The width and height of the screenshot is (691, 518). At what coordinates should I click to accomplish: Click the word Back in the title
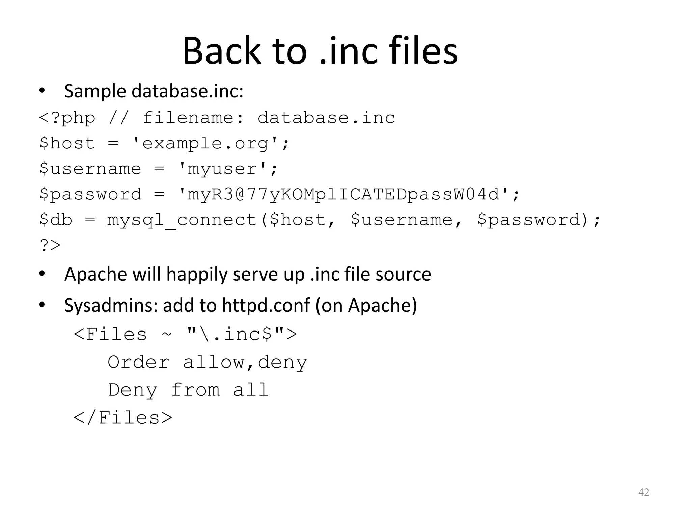222,51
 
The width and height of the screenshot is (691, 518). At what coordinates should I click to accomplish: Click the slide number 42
644,492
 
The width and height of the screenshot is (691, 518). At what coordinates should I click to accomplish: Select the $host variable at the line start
67,143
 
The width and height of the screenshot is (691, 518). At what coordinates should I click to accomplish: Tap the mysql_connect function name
182,220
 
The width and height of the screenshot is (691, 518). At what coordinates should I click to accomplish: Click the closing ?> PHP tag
50,245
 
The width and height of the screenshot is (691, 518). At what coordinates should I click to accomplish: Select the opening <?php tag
67,118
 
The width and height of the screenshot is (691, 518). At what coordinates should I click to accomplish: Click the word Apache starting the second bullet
95,274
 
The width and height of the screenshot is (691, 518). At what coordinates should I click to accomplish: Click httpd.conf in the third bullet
266,305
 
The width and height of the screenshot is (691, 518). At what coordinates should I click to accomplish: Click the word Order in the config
138,362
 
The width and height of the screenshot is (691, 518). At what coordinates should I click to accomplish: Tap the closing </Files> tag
123,418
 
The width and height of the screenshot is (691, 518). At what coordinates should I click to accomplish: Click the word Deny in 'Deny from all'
132,390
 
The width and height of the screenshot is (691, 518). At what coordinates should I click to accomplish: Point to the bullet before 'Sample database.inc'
42,91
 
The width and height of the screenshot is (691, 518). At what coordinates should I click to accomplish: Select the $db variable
56,220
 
